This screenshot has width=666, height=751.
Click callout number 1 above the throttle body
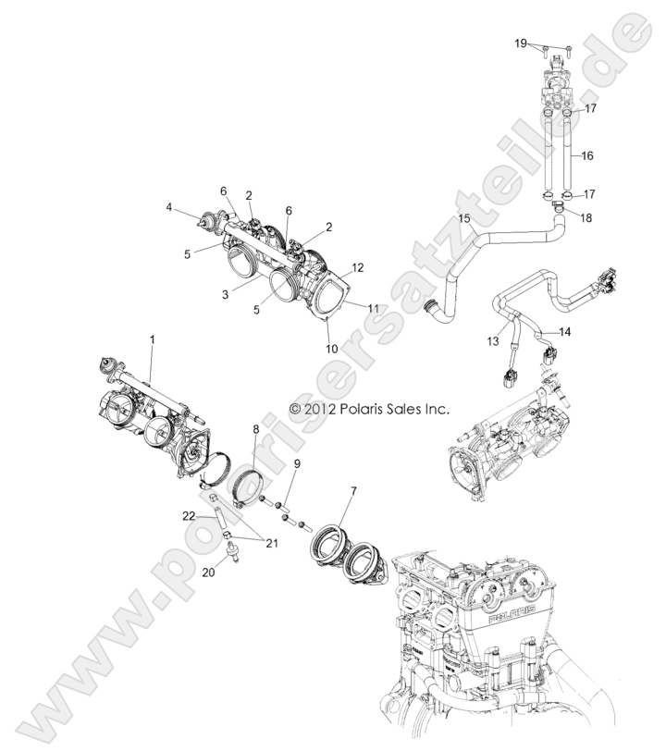(x=152, y=340)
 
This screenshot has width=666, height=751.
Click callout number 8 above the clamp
(x=256, y=429)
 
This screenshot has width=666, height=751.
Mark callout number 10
(x=332, y=349)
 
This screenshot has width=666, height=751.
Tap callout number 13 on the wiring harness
(x=494, y=341)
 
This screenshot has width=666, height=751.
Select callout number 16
(x=589, y=157)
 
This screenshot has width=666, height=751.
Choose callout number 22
(x=189, y=515)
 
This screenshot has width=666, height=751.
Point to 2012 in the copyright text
(x=331, y=408)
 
